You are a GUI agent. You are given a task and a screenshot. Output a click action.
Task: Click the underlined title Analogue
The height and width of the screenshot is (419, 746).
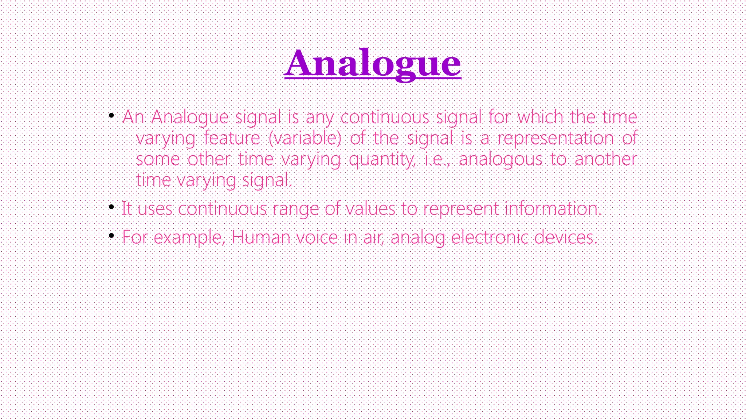click(x=372, y=64)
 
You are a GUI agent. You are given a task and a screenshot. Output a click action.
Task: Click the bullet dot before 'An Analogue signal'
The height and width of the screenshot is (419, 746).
click(x=111, y=116)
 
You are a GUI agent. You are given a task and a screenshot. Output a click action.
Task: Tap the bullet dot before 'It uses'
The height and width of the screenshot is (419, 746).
click(x=111, y=207)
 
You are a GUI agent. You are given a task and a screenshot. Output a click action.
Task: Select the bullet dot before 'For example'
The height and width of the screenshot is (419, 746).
click(x=111, y=236)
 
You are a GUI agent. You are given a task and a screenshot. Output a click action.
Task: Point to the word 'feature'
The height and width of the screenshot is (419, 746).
click(x=232, y=138)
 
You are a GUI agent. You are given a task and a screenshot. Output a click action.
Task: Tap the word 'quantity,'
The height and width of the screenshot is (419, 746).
click(x=382, y=159)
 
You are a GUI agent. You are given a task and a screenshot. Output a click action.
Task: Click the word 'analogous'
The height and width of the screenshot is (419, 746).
click(x=500, y=159)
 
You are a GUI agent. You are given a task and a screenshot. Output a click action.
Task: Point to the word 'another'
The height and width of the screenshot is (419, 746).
click(x=606, y=159)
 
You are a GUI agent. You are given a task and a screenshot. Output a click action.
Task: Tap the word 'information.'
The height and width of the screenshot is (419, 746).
click(x=553, y=209)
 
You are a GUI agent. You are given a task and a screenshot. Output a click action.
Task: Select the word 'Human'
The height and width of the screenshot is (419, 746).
click(x=261, y=238)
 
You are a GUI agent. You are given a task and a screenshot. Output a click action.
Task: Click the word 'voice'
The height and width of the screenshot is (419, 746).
click(x=317, y=238)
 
